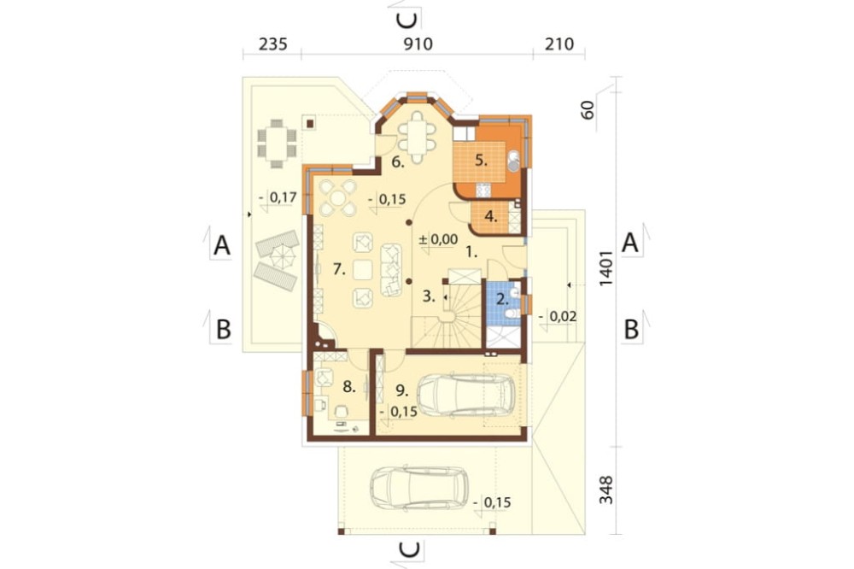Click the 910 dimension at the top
pyautogui.click(x=418, y=44)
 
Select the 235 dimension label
pyautogui.click(x=273, y=44)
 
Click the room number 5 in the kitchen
pyautogui.click(x=480, y=161)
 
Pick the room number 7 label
pyautogui.click(x=339, y=268)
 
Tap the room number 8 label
pyautogui.click(x=349, y=387)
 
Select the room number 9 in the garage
pyautogui.click(x=402, y=390)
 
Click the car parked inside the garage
pyautogui.click(x=465, y=395)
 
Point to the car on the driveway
pyautogui.click(x=418, y=489)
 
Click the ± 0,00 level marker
pyautogui.click(x=438, y=238)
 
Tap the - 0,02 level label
pyautogui.click(x=558, y=316)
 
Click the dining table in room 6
pyautogui.click(x=418, y=137)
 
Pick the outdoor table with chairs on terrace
pyautogui.click(x=278, y=140)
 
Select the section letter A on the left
pyautogui.click(x=222, y=245)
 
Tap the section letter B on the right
pyautogui.click(x=631, y=329)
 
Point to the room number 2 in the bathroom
pyautogui.click(x=502, y=299)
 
